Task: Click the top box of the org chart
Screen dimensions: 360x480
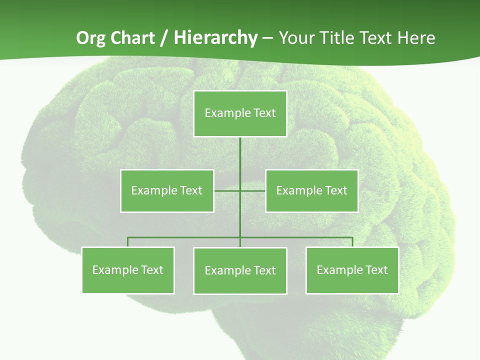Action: (240, 113)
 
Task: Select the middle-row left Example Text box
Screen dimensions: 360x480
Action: (167, 190)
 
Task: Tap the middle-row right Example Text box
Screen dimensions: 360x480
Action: (311, 190)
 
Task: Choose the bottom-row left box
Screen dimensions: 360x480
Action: (128, 270)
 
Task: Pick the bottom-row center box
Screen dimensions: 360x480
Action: (240, 270)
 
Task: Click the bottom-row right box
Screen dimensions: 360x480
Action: (352, 270)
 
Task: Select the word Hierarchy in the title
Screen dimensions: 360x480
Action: (215, 38)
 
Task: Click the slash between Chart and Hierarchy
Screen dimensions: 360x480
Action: (163, 38)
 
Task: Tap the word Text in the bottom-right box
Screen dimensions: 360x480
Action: (376, 270)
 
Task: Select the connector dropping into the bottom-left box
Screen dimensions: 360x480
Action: (128, 242)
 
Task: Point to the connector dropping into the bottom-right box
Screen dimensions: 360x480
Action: (352, 242)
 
